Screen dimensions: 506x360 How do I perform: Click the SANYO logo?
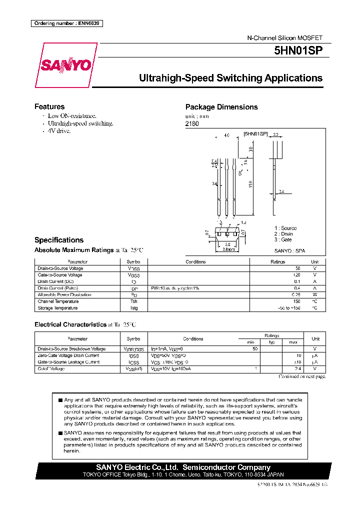(66, 65)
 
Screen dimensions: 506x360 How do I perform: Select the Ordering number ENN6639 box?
(67, 23)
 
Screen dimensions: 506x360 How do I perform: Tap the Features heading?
(49, 106)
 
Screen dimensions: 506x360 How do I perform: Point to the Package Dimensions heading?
(221, 107)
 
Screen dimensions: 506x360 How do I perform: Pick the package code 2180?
(192, 123)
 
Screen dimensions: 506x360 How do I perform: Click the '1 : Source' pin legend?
(285, 228)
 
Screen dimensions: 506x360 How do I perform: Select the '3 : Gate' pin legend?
(283, 239)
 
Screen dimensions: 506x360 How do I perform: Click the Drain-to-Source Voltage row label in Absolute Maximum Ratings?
(60, 268)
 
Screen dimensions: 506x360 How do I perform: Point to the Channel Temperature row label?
(58, 301)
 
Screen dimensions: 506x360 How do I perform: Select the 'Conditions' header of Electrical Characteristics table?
(193, 339)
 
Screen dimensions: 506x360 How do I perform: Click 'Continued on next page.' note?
(302, 376)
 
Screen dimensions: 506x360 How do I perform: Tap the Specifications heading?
(59, 240)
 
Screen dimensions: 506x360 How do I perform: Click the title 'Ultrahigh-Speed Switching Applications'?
(230, 78)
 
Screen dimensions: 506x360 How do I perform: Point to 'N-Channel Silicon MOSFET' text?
(285, 38)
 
